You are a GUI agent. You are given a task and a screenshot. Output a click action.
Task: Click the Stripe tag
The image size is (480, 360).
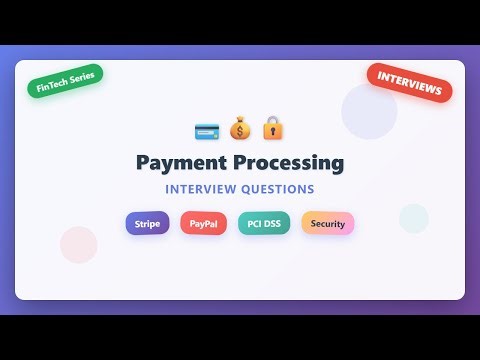[147, 223]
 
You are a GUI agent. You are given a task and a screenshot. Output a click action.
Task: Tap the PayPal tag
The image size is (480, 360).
[203, 223]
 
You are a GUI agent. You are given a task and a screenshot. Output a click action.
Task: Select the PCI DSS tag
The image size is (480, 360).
[264, 223]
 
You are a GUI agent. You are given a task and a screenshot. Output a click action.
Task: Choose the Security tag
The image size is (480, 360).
[328, 223]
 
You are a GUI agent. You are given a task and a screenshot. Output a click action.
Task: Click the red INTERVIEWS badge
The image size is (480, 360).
[410, 83]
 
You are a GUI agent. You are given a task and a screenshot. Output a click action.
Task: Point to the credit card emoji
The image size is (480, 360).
[207, 130]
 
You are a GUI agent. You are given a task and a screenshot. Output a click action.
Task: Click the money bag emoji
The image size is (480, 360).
[240, 129]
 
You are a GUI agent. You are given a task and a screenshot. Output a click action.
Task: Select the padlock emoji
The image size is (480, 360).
[273, 129]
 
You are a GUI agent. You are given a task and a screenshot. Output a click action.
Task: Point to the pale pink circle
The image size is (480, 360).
[78, 244]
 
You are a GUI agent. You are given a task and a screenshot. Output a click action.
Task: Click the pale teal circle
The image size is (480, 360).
[413, 218]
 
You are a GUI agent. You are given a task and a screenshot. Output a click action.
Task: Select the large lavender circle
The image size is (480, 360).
[369, 111]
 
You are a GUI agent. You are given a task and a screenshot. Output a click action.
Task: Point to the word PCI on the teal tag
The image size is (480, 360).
[254, 223]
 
